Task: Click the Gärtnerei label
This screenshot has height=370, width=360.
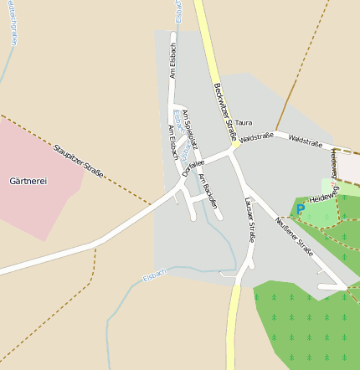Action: point(28,181)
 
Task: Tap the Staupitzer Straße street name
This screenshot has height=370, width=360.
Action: point(78,162)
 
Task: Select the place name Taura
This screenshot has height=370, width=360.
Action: point(244,122)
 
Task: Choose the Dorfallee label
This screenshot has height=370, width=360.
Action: point(193,165)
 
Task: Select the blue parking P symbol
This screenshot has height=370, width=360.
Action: point(300,209)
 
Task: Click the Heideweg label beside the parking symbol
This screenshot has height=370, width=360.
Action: point(323,197)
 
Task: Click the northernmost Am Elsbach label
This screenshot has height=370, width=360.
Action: point(173,55)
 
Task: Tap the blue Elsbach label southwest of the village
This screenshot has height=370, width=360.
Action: point(154,275)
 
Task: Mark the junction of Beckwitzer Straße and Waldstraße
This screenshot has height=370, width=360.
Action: point(236,145)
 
